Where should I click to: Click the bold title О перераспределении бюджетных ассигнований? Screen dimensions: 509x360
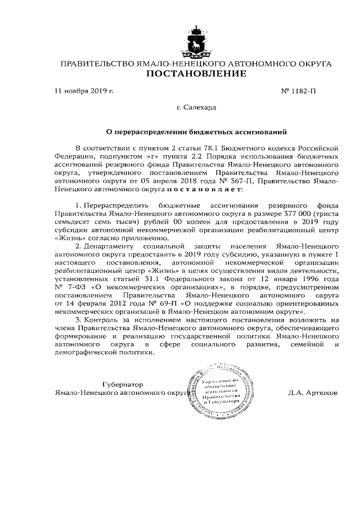coord(197,133)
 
